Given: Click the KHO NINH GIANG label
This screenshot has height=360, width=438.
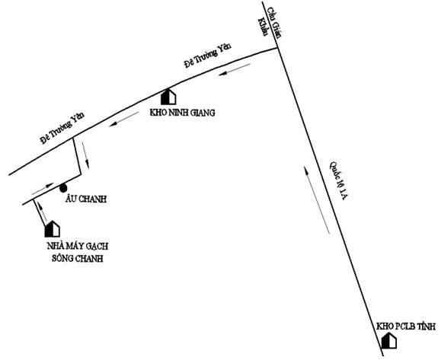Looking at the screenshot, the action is point(182,113).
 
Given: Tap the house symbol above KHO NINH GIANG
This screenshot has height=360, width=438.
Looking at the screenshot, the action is point(168,97).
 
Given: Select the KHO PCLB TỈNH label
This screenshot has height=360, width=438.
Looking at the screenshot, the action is point(406,327).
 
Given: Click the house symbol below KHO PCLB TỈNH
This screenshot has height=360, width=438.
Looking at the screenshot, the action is point(389,340).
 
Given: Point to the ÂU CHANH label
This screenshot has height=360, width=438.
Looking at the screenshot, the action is point(86,199).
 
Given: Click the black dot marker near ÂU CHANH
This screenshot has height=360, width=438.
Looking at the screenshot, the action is point(63,188).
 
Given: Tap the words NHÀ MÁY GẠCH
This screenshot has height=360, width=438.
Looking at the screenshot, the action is point(78,246).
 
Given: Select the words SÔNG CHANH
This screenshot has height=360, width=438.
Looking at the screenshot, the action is point(78,258).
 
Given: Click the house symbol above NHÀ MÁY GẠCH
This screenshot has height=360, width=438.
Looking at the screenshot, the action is point(53,229).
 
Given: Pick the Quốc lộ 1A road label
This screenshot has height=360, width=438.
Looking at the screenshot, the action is point(338,180).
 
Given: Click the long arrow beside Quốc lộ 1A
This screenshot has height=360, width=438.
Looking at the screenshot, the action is point(318,200).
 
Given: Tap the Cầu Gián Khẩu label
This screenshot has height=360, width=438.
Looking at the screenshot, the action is point(270,25).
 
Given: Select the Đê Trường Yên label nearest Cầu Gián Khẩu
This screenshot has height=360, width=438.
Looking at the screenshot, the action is point(208,56).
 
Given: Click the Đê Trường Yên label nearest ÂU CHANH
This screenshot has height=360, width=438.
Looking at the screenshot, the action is point(62,129).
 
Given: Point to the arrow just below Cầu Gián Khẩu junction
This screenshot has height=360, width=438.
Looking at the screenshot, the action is point(235,70).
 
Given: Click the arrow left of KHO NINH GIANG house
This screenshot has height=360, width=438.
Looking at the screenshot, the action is point(124,119).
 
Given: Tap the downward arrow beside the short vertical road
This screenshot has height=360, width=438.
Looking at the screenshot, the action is point(85,155).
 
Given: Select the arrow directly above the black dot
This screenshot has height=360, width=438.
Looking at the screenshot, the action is point(43,189).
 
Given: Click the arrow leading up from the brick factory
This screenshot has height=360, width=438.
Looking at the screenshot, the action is point(42,210).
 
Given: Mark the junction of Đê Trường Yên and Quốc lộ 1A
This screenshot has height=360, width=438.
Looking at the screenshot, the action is point(278,48).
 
